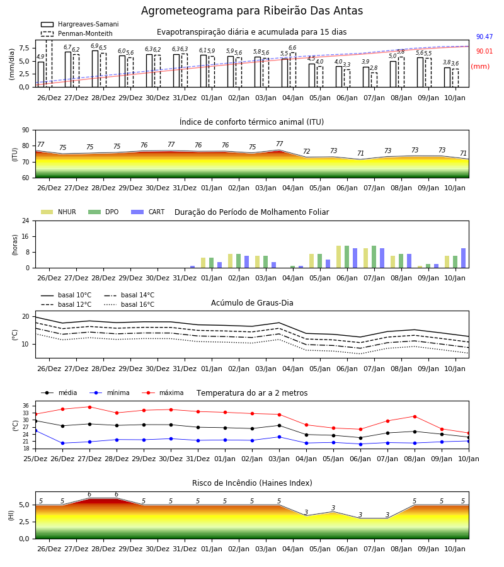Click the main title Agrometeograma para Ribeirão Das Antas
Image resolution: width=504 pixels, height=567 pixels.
[251, 11]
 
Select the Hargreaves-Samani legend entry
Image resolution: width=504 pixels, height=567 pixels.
[79, 24]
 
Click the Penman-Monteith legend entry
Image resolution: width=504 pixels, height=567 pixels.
[77, 33]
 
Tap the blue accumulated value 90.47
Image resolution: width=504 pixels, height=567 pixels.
[484, 37]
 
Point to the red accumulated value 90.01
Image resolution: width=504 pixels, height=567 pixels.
[484, 52]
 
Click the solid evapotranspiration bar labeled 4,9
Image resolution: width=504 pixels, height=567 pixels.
[41, 74]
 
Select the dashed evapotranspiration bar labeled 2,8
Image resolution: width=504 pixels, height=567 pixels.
[374, 80]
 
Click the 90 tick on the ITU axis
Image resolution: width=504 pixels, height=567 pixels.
[26, 130]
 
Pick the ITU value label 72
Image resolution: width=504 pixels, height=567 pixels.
[307, 151]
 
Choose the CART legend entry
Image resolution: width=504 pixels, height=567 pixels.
[148, 212]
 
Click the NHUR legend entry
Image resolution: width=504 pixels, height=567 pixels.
[59, 212]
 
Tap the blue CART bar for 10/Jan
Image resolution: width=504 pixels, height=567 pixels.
[464, 258]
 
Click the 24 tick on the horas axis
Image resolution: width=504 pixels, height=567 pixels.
[26, 220]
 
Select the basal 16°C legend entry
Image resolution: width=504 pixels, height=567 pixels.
[129, 304]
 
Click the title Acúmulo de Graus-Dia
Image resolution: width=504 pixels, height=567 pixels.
[252, 303]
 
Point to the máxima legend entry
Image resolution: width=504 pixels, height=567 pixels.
[163, 392]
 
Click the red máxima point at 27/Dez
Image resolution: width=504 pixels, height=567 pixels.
[89, 407]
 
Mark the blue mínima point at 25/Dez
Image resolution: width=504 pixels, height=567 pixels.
[35, 431]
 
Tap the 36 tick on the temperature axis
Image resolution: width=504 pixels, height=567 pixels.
[26, 406]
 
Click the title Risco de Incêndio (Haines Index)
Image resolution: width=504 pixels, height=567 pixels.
[252, 483]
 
